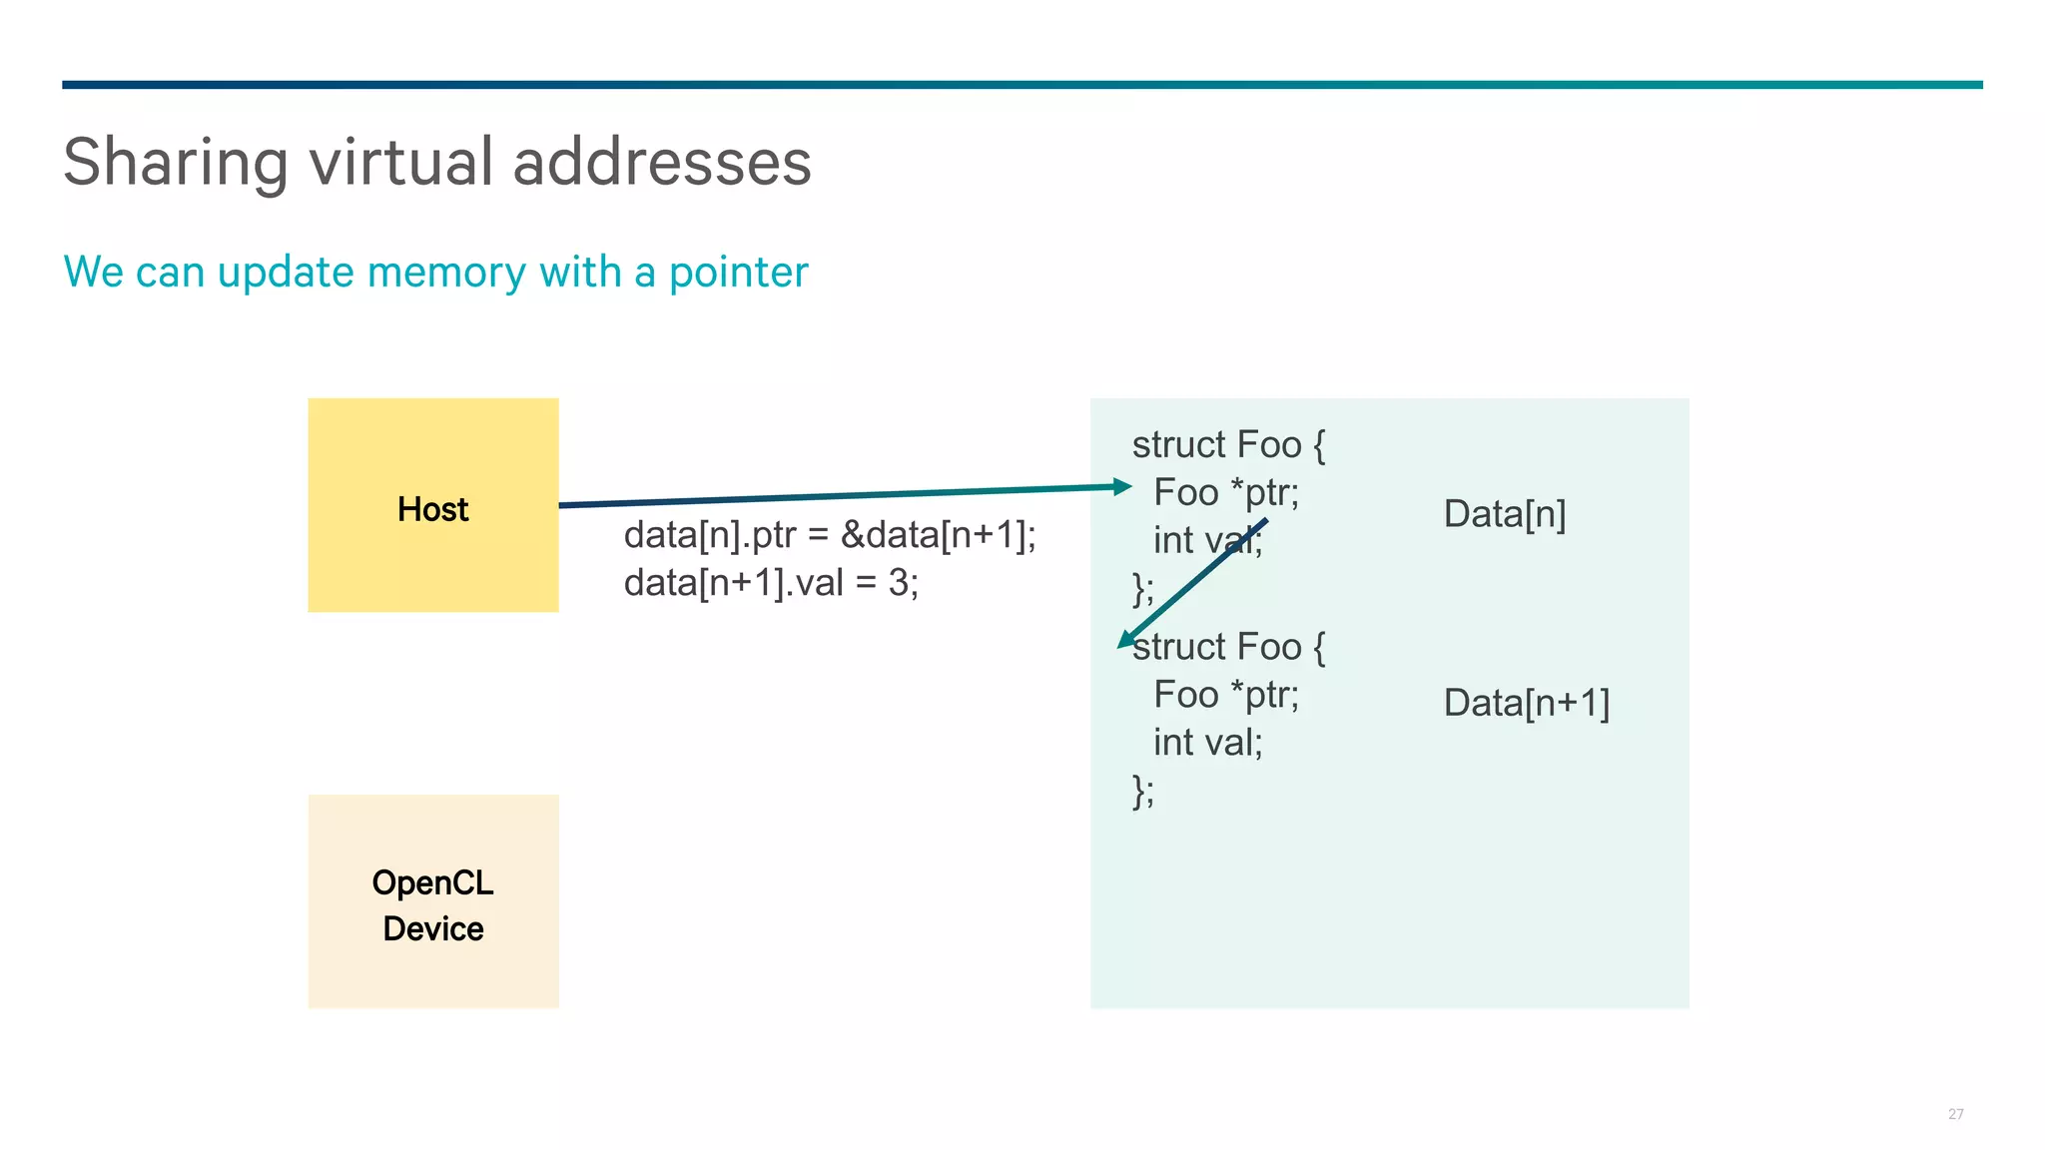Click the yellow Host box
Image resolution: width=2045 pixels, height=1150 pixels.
pyautogui.click(x=432, y=505)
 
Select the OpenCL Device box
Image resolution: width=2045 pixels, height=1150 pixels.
pyautogui.click(x=432, y=901)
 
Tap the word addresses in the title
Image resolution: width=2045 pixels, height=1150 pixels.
pyautogui.click(x=661, y=163)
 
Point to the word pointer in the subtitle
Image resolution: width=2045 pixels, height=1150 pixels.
pyautogui.click(x=738, y=273)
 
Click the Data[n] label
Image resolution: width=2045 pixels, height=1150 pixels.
pyautogui.click(x=1504, y=514)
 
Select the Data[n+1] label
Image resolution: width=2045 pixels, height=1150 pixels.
pyautogui.click(x=1526, y=703)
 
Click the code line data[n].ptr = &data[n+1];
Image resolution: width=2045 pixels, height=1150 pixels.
pyautogui.click(x=830, y=535)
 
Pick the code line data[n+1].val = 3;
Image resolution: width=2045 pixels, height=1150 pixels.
pyautogui.click(x=771, y=582)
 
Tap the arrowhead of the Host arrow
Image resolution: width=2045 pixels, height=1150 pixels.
pyautogui.click(x=1123, y=487)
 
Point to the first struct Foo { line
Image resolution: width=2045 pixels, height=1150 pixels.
pyautogui.click(x=1228, y=444)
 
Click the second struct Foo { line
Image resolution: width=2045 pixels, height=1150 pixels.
pyautogui.click(x=1228, y=647)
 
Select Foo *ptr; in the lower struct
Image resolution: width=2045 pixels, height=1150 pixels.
pyautogui.click(x=1226, y=695)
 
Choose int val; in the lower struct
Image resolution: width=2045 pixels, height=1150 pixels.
pyautogui.click(x=1207, y=743)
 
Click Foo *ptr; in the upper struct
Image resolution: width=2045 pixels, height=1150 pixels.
pyautogui.click(x=1226, y=492)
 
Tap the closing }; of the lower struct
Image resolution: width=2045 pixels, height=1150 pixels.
pyautogui.click(x=1143, y=791)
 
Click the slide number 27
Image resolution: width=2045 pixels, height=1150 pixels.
pyautogui.click(x=1955, y=1114)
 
